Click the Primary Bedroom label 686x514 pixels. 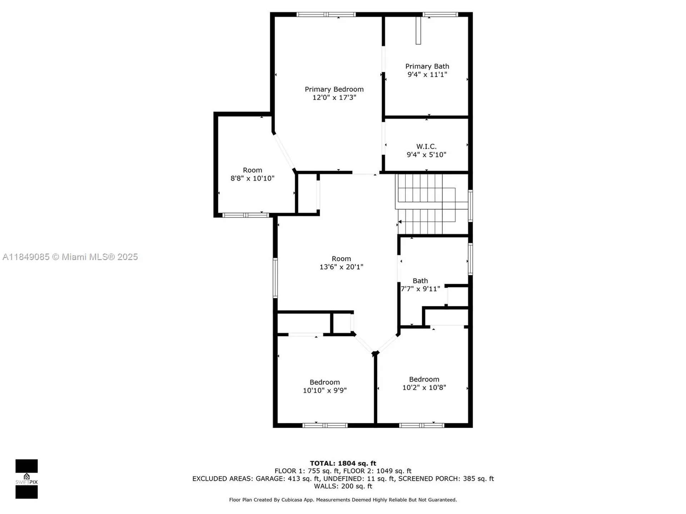coord(334,90)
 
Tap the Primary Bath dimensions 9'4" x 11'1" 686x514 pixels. coord(427,75)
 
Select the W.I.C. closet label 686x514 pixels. coord(426,146)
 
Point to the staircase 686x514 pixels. coord(427,203)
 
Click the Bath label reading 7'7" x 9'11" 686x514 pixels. coord(420,285)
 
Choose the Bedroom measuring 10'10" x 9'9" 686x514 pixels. coord(324,386)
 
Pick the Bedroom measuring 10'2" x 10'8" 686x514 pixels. coord(424,383)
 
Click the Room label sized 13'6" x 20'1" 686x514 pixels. coord(341,263)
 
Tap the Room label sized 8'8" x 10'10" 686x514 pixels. coord(252,174)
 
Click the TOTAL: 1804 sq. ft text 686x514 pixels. coord(343,463)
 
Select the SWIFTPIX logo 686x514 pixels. coord(26,479)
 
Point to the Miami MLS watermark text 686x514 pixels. coord(70,257)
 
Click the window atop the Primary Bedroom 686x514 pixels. coord(326,15)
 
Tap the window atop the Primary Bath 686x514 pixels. coord(440,15)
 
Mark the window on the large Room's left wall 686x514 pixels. coord(275,278)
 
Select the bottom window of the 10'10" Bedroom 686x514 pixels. coord(325,425)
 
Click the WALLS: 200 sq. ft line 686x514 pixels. coord(343,486)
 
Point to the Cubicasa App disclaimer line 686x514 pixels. coord(343,500)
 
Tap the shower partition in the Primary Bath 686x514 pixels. coord(418,31)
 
